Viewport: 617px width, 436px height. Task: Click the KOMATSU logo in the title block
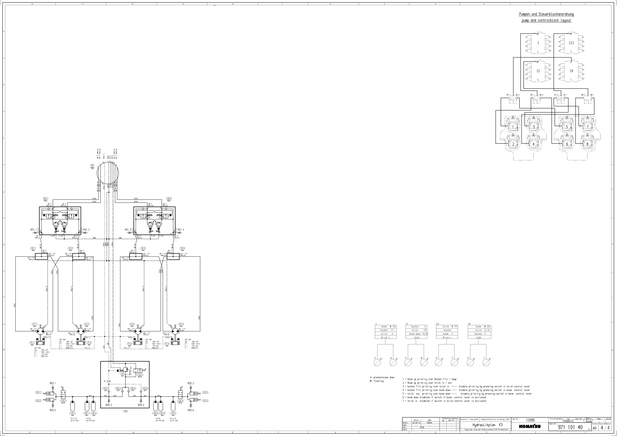click(530, 427)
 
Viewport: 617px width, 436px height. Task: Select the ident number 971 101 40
click(570, 427)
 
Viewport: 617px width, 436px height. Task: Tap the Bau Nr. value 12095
click(530, 420)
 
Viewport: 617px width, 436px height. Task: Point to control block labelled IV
click(571, 71)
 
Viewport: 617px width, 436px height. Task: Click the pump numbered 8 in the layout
click(587, 144)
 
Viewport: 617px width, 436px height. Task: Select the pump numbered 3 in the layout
click(534, 127)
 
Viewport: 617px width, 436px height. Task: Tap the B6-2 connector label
click(541, 95)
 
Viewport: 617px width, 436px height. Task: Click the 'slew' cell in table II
click(417, 337)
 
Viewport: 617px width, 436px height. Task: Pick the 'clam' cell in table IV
click(478, 337)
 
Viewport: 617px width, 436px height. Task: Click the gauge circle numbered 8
click(424, 363)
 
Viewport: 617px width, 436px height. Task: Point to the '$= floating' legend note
click(377, 381)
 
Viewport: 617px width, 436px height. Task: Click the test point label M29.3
click(109, 405)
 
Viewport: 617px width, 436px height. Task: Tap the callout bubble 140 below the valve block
click(125, 411)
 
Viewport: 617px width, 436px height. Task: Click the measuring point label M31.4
click(181, 230)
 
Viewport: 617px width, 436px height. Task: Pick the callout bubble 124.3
click(205, 392)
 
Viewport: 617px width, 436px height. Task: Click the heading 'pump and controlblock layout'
click(546, 20)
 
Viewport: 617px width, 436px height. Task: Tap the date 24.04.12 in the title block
click(416, 423)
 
